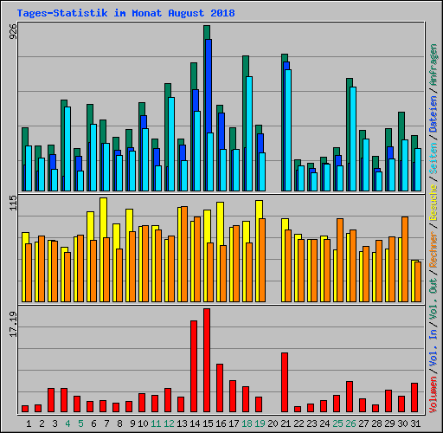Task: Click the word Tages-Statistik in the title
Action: click(x=62, y=13)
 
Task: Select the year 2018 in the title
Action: click(x=222, y=13)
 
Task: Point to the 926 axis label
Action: click(x=13, y=31)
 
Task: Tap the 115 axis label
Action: click(x=13, y=203)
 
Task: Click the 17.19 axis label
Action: click(x=13, y=324)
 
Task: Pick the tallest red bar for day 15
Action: click(x=207, y=360)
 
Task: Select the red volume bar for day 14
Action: click(x=194, y=366)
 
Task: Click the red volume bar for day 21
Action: click(x=285, y=382)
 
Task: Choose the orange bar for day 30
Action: click(x=405, y=259)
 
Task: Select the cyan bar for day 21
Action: click(x=288, y=130)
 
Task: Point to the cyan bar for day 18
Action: click(x=249, y=133)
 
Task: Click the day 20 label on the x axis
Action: click(x=273, y=423)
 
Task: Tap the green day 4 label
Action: click(x=67, y=423)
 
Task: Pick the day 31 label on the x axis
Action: click(x=415, y=423)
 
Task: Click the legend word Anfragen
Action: click(x=433, y=65)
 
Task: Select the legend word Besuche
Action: click(x=433, y=203)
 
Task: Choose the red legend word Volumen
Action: click(x=433, y=394)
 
